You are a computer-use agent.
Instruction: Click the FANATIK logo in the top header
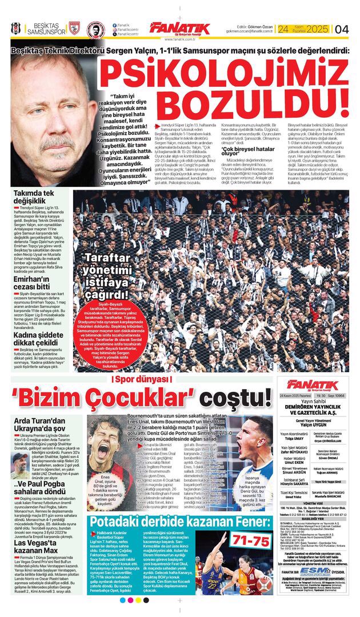coord(179,29)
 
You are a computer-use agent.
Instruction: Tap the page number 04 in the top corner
coord(342,29)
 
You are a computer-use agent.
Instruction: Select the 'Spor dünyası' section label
coord(135,380)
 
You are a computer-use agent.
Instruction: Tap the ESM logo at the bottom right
coord(318,571)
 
